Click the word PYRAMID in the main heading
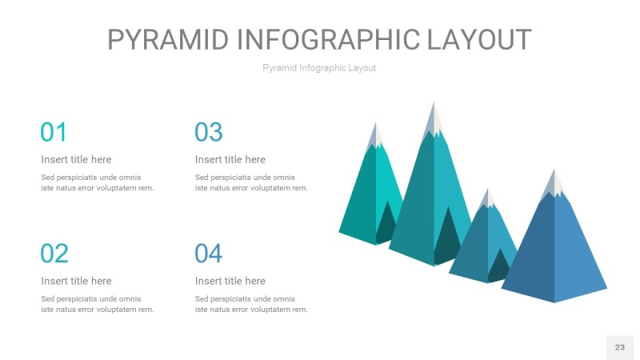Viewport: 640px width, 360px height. pos(168,39)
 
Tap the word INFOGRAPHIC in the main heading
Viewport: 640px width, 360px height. pos(328,39)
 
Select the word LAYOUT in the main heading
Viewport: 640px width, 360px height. pos(479,39)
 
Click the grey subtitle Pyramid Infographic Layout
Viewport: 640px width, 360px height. pos(319,68)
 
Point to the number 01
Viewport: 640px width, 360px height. pos(54,132)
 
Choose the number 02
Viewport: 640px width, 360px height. pos(54,254)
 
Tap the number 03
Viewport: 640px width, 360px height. pos(209,132)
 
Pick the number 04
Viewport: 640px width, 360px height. pos(208,254)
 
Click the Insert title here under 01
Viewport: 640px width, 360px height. pos(76,159)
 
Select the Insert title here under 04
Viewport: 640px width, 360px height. pos(230,282)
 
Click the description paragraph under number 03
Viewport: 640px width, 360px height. pos(251,183)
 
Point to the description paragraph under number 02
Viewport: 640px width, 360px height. pos(98,305)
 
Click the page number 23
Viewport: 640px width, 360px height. pos(620,347)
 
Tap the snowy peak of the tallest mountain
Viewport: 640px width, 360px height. pos(434,121)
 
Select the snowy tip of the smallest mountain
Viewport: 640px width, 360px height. pos(487,199)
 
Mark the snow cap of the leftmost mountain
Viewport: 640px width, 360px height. pos(375,137)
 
